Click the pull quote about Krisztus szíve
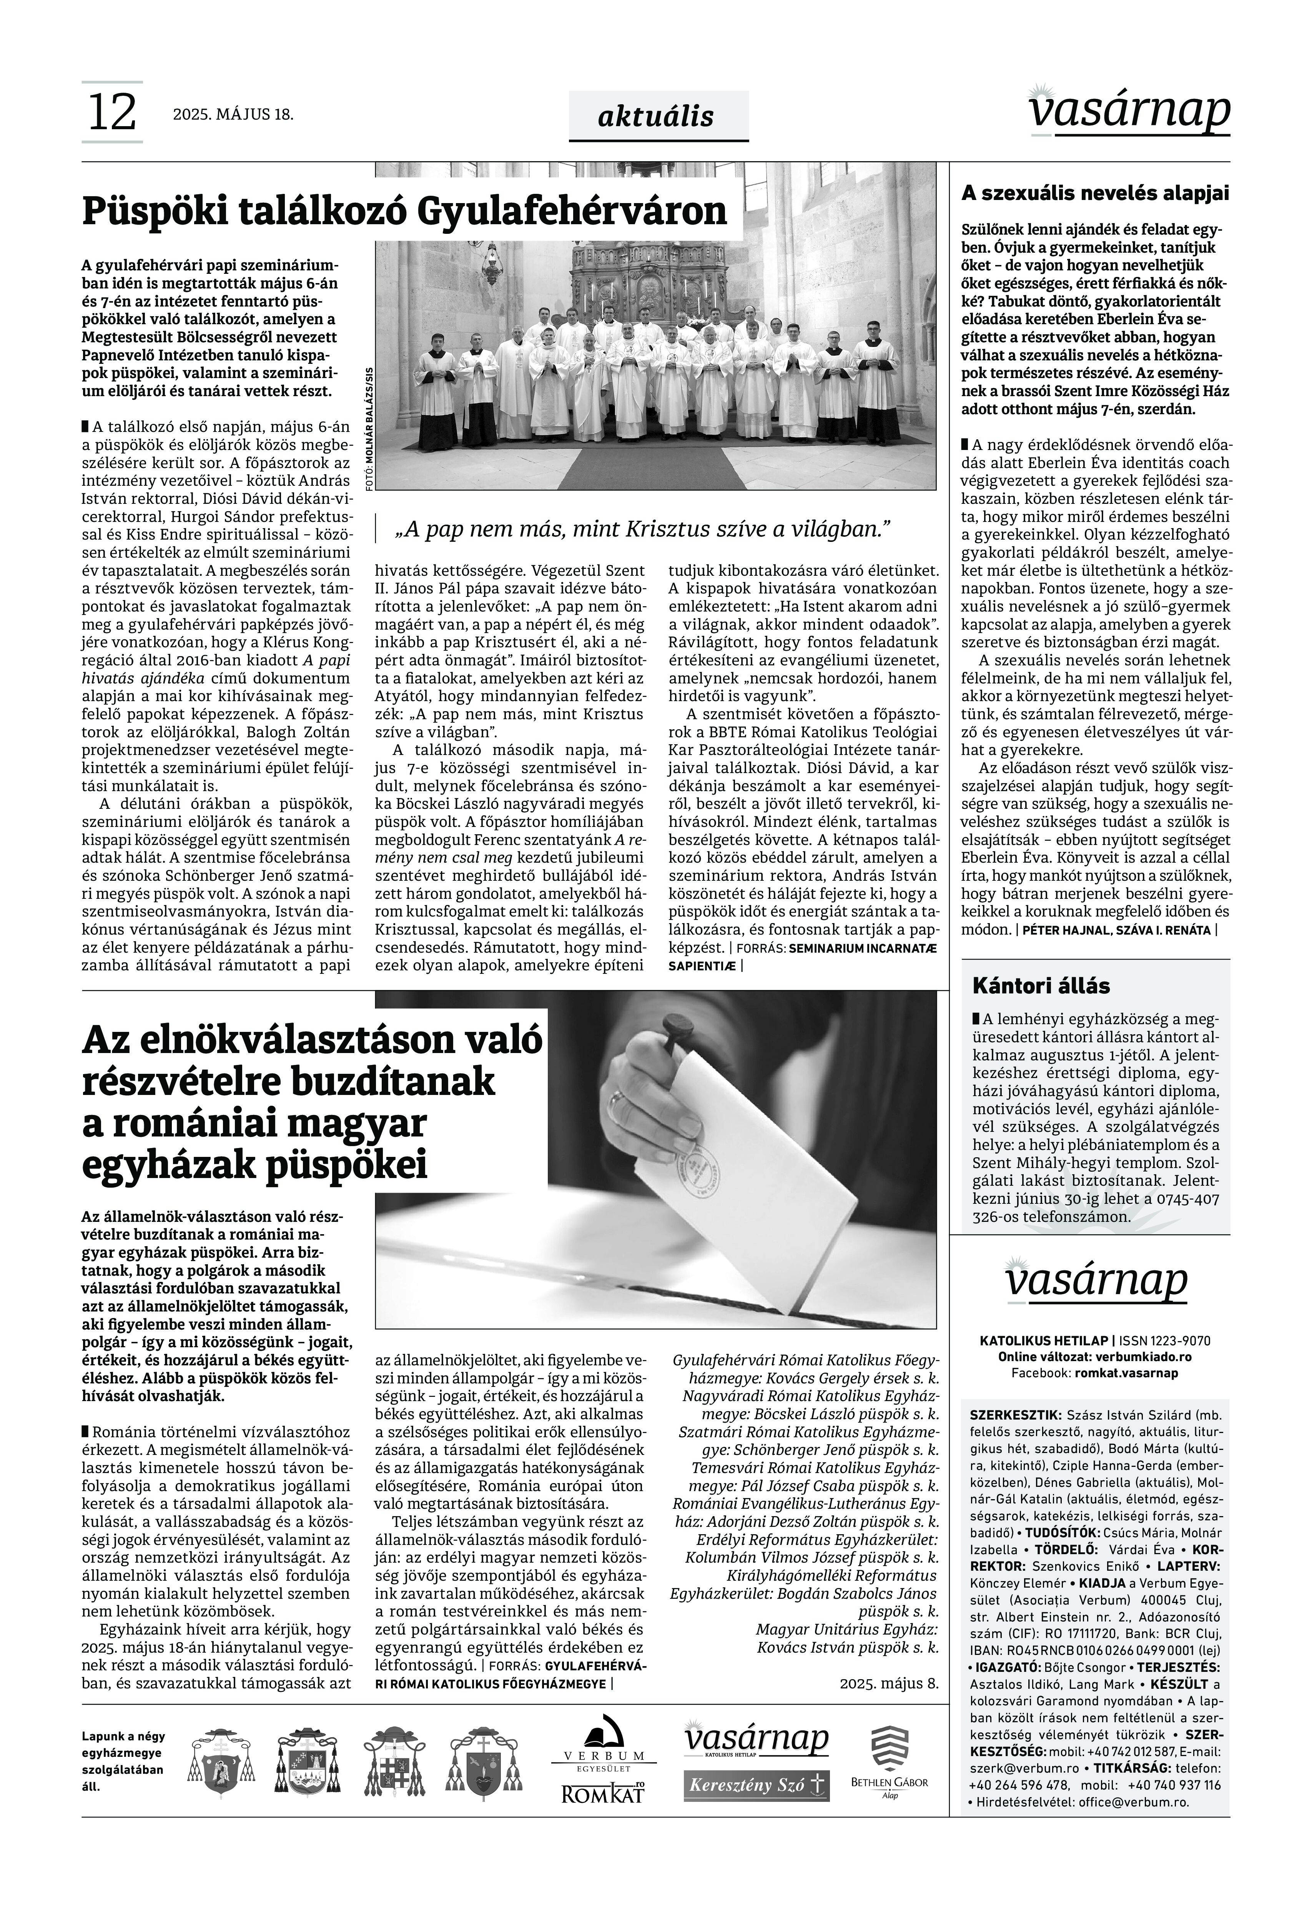tap(643, 529)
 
